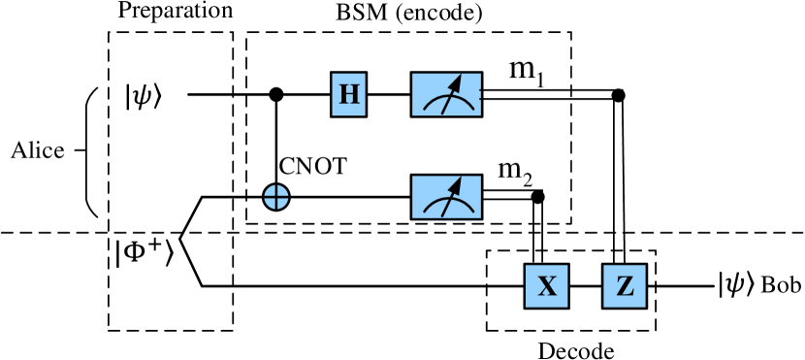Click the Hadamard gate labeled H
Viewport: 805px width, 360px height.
[348, 94]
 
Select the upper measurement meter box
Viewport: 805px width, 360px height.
[446, 94]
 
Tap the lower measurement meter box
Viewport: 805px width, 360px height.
[446, 197]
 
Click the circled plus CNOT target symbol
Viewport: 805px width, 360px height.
[276, 197]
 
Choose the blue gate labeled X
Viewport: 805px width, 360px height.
[547, 286]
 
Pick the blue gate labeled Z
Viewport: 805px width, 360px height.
[625, 286]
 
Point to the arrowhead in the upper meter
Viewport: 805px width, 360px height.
[455, 82]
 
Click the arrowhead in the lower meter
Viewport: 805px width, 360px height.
[455, 185]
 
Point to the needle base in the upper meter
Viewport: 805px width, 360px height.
[443, 113]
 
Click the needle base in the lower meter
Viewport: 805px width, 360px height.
[443, 215]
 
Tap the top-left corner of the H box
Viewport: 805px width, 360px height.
[333, 74]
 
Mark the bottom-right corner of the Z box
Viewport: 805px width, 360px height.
[645, 307]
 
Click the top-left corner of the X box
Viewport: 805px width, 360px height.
[527, 266]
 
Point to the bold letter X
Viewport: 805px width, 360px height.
[547, 286]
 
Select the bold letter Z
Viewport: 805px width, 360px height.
[625, 286]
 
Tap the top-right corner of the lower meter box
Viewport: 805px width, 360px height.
[480, 177]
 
